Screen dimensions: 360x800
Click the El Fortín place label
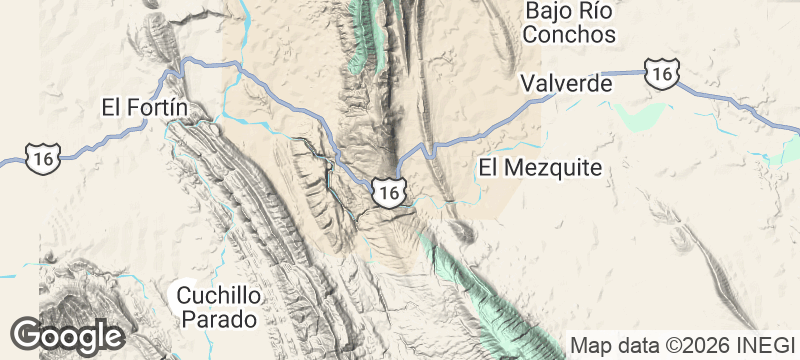coord(146,107)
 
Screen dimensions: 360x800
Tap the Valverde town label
coord(566,84)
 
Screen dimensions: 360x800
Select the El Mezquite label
coord(540,167)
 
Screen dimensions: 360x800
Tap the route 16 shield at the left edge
coord(43,156)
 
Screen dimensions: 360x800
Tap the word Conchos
coord(570,34)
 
